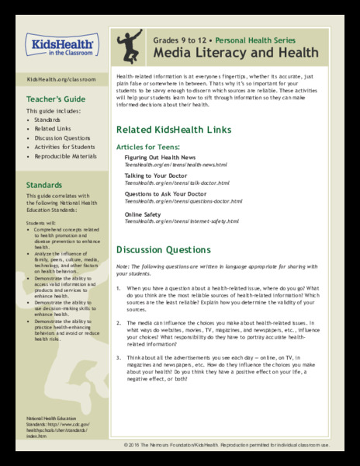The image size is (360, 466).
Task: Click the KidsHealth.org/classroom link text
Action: [x=56, y=79]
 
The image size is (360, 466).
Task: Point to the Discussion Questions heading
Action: [x=163, y=250]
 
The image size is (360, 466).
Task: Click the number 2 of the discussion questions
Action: [x=119, y=320]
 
